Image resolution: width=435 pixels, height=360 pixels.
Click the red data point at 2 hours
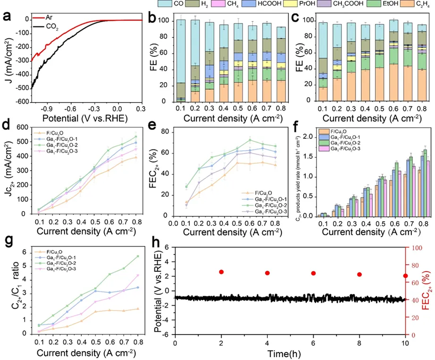(221, 272)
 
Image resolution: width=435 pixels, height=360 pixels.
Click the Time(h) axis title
(290, 353)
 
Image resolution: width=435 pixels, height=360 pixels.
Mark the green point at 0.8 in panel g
(137, 256)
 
